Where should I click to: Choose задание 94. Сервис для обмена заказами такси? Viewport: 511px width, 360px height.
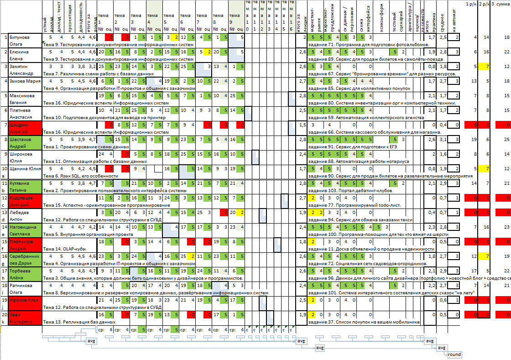(360, 219)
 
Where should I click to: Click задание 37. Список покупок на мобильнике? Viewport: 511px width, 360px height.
(364, 322)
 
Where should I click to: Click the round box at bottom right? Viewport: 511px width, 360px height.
(454, 355)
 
